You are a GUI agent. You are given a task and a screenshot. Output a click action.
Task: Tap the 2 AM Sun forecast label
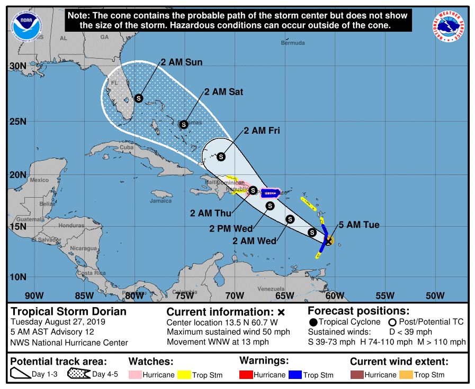coord(182,62)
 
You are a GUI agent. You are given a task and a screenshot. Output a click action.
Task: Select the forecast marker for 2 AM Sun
coord(139,98)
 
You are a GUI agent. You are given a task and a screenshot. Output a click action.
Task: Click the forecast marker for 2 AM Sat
coord(184,125)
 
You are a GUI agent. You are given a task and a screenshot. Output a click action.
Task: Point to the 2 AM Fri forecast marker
coord(221,156)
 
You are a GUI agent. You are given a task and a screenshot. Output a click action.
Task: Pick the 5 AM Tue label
coord(359,225)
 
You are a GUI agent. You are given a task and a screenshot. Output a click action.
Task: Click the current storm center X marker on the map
coord(328,241)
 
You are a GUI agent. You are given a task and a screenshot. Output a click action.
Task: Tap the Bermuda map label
coord(293,43)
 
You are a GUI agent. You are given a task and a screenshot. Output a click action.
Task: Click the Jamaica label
coord(160,201)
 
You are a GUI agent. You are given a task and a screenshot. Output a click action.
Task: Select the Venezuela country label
coord(271,289)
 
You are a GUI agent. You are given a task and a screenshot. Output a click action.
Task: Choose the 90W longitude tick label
coord(34,295)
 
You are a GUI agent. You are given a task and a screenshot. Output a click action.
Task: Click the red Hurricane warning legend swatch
coord(246,375)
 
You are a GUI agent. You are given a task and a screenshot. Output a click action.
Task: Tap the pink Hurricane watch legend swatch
coord(135,375)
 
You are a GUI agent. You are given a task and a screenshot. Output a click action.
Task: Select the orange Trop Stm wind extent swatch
coord(406,375)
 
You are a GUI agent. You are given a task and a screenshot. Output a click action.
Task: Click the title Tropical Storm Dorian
coord(69,311)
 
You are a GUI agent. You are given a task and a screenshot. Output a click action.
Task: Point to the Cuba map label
coord(127,147)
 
